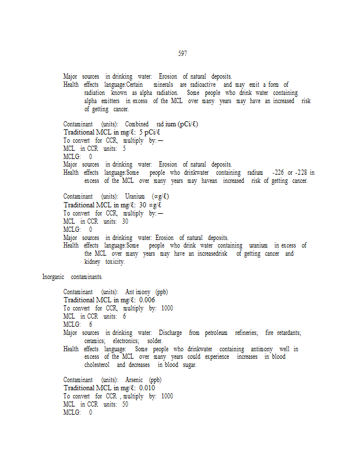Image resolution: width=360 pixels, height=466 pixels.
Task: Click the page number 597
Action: tap(182, 54)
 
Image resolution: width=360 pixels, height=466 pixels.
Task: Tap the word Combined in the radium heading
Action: tap(137, 124)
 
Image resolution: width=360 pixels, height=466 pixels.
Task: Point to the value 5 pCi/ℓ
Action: tap(150, 132)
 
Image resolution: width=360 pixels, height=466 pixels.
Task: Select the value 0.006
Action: tap(147, 299)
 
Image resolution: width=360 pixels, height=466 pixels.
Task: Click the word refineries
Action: tap(246, 333)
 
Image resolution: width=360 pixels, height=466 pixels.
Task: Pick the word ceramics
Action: tap(94, 341)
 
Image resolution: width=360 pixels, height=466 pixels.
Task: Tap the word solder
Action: tap(155, 341)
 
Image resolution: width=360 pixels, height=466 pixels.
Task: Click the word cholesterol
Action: tap(97, 365)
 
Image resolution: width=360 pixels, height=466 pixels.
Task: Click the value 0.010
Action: tap(147, 388)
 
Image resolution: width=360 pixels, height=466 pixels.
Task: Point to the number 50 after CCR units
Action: tap(125, 404)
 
